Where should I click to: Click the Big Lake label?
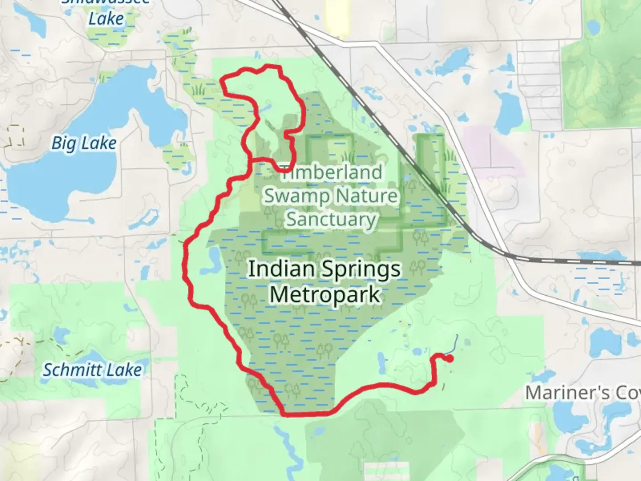pyautogui.click(x=84, y=143)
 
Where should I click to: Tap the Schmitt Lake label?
pyautogui.click(x=92, y=370)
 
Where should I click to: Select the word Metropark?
pyautogui.click(x=325, y=295)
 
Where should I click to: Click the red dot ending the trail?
pyautogui.click(x=450, y=358)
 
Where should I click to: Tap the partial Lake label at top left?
pyautogui.click(x=106, y=19)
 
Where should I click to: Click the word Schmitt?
pyautogui.click(x=73, y=370)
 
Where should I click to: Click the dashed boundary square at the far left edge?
pyautogui.click(x=16, y=136)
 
